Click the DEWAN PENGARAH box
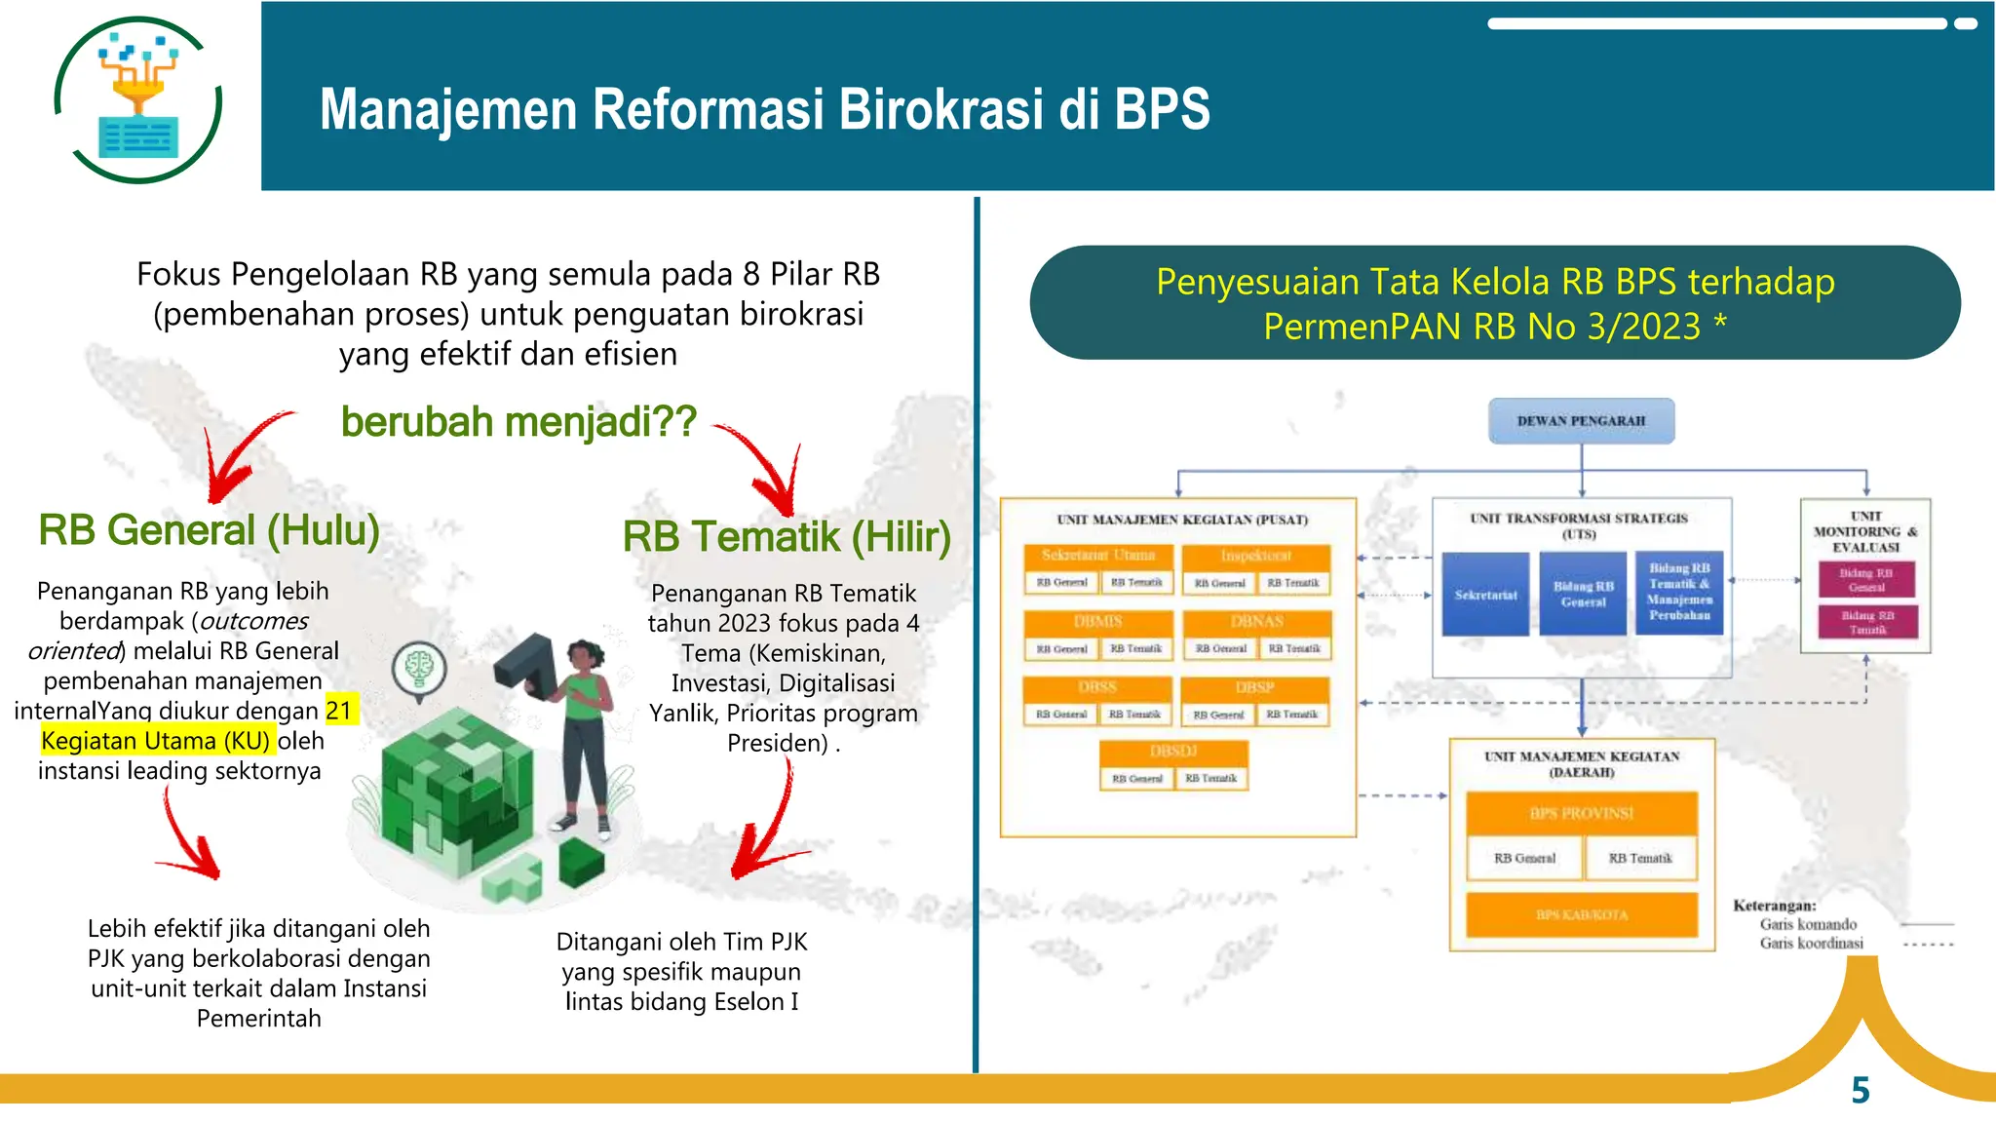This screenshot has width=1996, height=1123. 1581,421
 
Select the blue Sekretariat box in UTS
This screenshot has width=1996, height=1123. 1485,595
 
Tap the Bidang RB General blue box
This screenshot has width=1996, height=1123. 1583,595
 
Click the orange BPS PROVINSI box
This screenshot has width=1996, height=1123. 1581,813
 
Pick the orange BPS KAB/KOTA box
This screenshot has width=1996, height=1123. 1581,914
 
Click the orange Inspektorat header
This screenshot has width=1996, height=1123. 1255,556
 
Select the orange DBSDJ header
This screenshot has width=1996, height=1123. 1172,752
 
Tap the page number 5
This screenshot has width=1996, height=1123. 1860,1090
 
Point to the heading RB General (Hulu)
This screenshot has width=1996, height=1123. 209,530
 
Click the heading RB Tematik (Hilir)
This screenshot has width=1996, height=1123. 786,537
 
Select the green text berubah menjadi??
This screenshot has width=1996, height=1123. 518,422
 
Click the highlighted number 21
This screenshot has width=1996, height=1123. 339,710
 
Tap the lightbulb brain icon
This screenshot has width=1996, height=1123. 419,668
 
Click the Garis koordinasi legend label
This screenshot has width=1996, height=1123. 1811,943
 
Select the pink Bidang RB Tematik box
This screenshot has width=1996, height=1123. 1867,622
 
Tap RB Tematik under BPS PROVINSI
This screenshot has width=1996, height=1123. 1639,858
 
